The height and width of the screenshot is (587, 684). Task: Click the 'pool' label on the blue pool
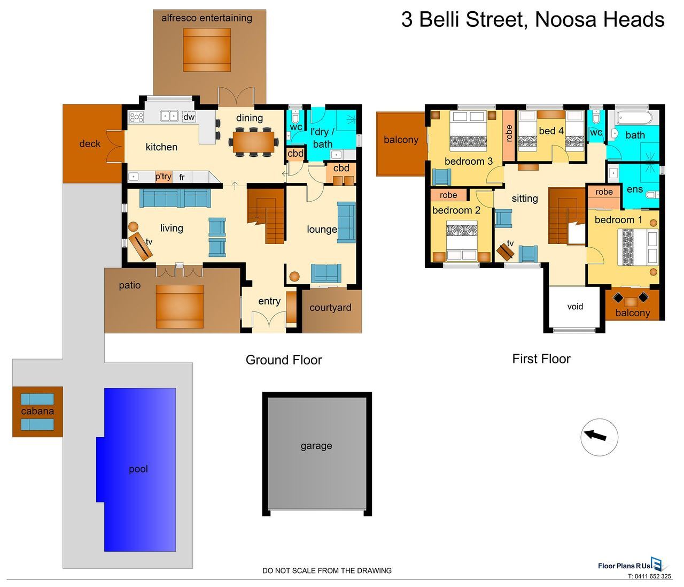point(138,469)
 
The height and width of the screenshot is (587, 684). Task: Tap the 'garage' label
point(316,446)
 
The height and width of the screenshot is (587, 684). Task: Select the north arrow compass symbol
point(599,437)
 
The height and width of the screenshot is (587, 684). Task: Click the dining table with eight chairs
point(253,141)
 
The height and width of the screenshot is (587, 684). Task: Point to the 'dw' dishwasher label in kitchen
point(189,117)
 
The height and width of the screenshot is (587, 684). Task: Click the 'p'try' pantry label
point(164,177)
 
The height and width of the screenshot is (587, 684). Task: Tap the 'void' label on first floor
point(575,307)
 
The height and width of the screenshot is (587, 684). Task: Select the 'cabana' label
point(37,411)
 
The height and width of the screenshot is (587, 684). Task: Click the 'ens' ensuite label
point(635,189)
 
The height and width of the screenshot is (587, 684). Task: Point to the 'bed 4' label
point(551,131)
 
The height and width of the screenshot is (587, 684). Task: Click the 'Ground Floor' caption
point(284,360)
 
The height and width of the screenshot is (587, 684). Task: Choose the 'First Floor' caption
point(541,359)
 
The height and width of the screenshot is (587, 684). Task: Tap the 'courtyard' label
point(330,308)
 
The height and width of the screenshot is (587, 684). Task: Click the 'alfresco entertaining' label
point(207,18)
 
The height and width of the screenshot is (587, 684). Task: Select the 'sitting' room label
point(525,199)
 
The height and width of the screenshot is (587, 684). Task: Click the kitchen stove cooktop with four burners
point(136,117)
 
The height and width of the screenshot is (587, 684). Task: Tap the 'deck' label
point(90,144)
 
